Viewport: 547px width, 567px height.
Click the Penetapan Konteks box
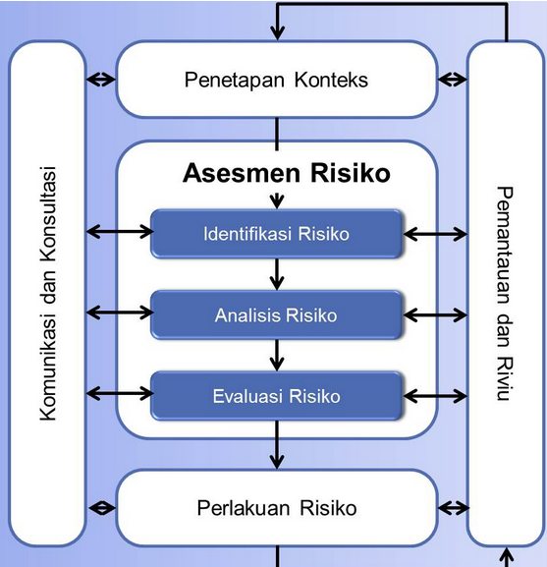point(276,80)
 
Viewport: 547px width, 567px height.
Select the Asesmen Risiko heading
point(287,173)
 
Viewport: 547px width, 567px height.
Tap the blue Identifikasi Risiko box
point(276,234)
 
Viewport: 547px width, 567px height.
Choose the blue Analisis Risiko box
point(276,315)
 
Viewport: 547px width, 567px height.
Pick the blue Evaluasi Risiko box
point(276,396)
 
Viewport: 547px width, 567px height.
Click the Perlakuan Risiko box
point(276,508)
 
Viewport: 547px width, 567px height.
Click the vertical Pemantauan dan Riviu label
point(504,293)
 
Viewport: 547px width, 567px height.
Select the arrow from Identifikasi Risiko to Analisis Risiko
point(277,274)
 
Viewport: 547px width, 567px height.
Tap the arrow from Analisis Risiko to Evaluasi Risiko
point(277,356)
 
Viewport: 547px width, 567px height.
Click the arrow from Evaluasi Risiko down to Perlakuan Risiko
point(277,451)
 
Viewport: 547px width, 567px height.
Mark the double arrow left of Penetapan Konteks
point(100,80)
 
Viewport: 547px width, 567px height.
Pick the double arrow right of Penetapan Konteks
point(453,80)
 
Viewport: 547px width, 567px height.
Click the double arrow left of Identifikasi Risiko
point(119,232)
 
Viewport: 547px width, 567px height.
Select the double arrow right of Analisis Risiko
point(435,314)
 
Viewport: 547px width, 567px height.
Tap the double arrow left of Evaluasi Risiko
point(119,394)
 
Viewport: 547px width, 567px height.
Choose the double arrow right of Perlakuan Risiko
point(453,508)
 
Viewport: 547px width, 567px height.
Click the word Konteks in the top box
point(331,80)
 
